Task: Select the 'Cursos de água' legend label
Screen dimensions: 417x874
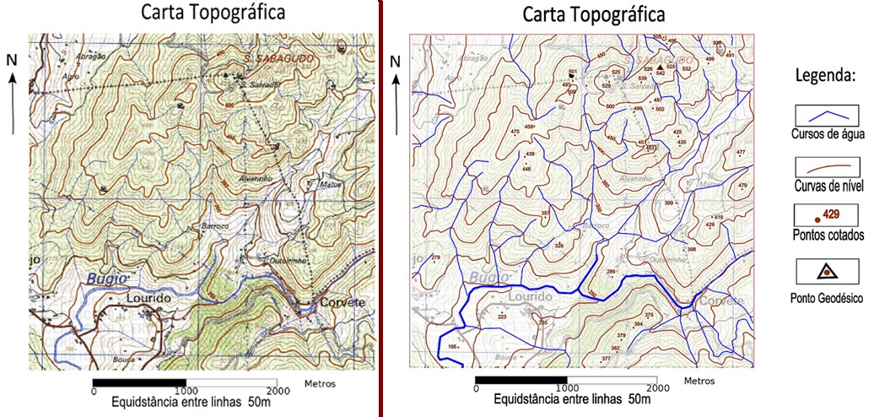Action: [825, 134]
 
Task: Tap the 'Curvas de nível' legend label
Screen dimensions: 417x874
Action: [826, 185]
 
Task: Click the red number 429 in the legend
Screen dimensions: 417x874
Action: [832, 214]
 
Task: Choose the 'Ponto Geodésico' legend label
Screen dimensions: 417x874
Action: [826, 297]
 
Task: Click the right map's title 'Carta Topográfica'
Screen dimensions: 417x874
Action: [594, 14]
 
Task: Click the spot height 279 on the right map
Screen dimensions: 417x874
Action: [436, 257]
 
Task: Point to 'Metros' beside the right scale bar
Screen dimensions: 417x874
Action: [700, 381]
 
